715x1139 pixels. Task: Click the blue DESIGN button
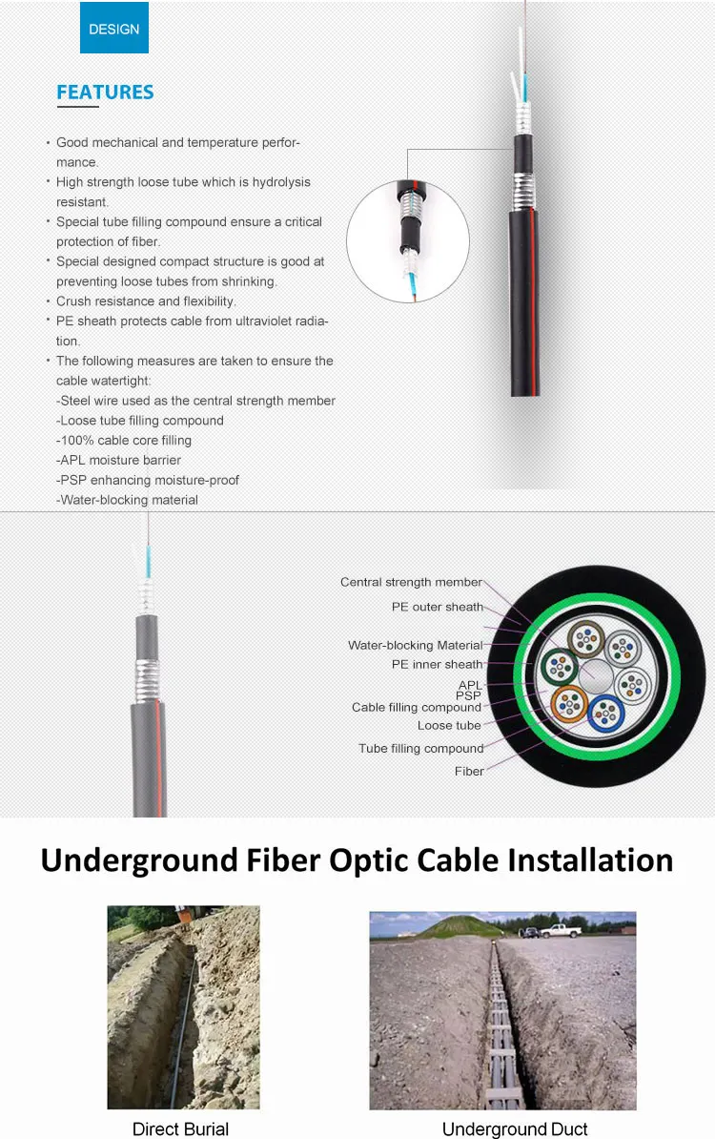click(113, 28)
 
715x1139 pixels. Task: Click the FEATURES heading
click(105, 93)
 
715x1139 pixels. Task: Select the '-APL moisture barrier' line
click(119, 460)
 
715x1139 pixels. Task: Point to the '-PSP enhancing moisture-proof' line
click(147, 480)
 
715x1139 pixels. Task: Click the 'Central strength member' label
click(411, 582)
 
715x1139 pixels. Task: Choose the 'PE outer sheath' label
click(437, 607)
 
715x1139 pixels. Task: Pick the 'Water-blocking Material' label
click(415, 645)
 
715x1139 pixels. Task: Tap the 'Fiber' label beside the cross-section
click(469, 771)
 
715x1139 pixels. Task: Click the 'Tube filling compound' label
click(420, 749)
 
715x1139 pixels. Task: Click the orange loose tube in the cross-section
click(570, 704)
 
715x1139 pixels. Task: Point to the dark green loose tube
click(557, 664)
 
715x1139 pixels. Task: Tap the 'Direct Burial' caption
click(181, 1129)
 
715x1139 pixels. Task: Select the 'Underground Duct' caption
click(515, 1129)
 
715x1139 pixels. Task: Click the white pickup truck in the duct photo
click(560, 930)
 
